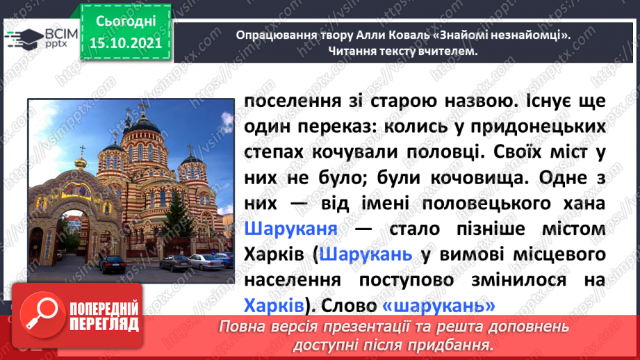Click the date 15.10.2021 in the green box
[126, 43]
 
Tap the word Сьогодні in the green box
[126, 22]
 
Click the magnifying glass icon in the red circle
[42, 314]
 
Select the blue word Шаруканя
[290, 229]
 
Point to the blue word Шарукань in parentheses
[366, 254]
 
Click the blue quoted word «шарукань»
[438, 305]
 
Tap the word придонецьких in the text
[538, 127]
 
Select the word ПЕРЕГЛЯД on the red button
[104, 325]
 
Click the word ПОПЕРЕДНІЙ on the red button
[104, 309]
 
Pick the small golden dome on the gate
[81, 164]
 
